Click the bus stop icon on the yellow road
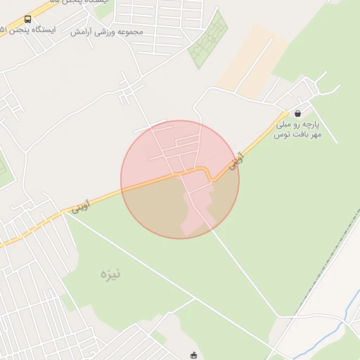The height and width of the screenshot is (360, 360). pyautogui.click(x=27, y=20)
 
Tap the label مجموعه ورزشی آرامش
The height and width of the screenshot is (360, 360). pyautogui.click(x=107, y=32)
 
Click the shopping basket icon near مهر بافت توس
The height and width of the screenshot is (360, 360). pyautogui.click(x=297, y=113)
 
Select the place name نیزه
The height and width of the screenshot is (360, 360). pyautogui.click(x=110, y=274)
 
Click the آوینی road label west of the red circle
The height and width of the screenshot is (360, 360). pyautogui.click(x=80, y=207)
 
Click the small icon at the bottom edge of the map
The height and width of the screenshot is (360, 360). pyautogui.click(x=193, y=355)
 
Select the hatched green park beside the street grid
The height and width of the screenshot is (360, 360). pyautogui.click(x=209, y=40)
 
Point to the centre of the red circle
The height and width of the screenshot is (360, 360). pyautogui.click(x=180, y=179)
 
